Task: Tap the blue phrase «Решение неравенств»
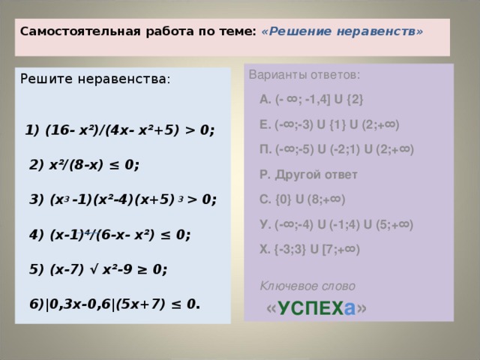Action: click(x=342, y=31)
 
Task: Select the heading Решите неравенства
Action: click(x=95, y=79)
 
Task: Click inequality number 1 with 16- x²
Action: click(x=120, y=130)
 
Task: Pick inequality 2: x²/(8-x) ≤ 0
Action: click(x=85, y=165)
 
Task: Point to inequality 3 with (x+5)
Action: click(x=123, y=199)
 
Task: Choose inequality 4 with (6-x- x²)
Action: click(x=110, y=235)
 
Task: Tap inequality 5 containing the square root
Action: click(x=98, y=269)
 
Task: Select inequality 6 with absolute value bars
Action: click(x=115, y=304)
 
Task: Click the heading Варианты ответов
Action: click(x=304, y=75)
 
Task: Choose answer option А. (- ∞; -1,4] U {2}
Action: click(x=311, y=100)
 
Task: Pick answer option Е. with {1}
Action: click(x=329, y=124)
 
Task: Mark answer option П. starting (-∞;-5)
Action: click(x=337, y=149)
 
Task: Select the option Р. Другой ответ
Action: click(x=308, y=175)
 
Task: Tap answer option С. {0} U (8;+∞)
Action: click(x=302, y=199)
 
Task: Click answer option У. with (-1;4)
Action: click(x=337, y=224)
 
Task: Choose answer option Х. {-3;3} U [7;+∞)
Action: click(x=310, y=249)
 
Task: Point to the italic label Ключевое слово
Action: click(x=307, y=286)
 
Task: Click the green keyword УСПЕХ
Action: click(x=311, y=308)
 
